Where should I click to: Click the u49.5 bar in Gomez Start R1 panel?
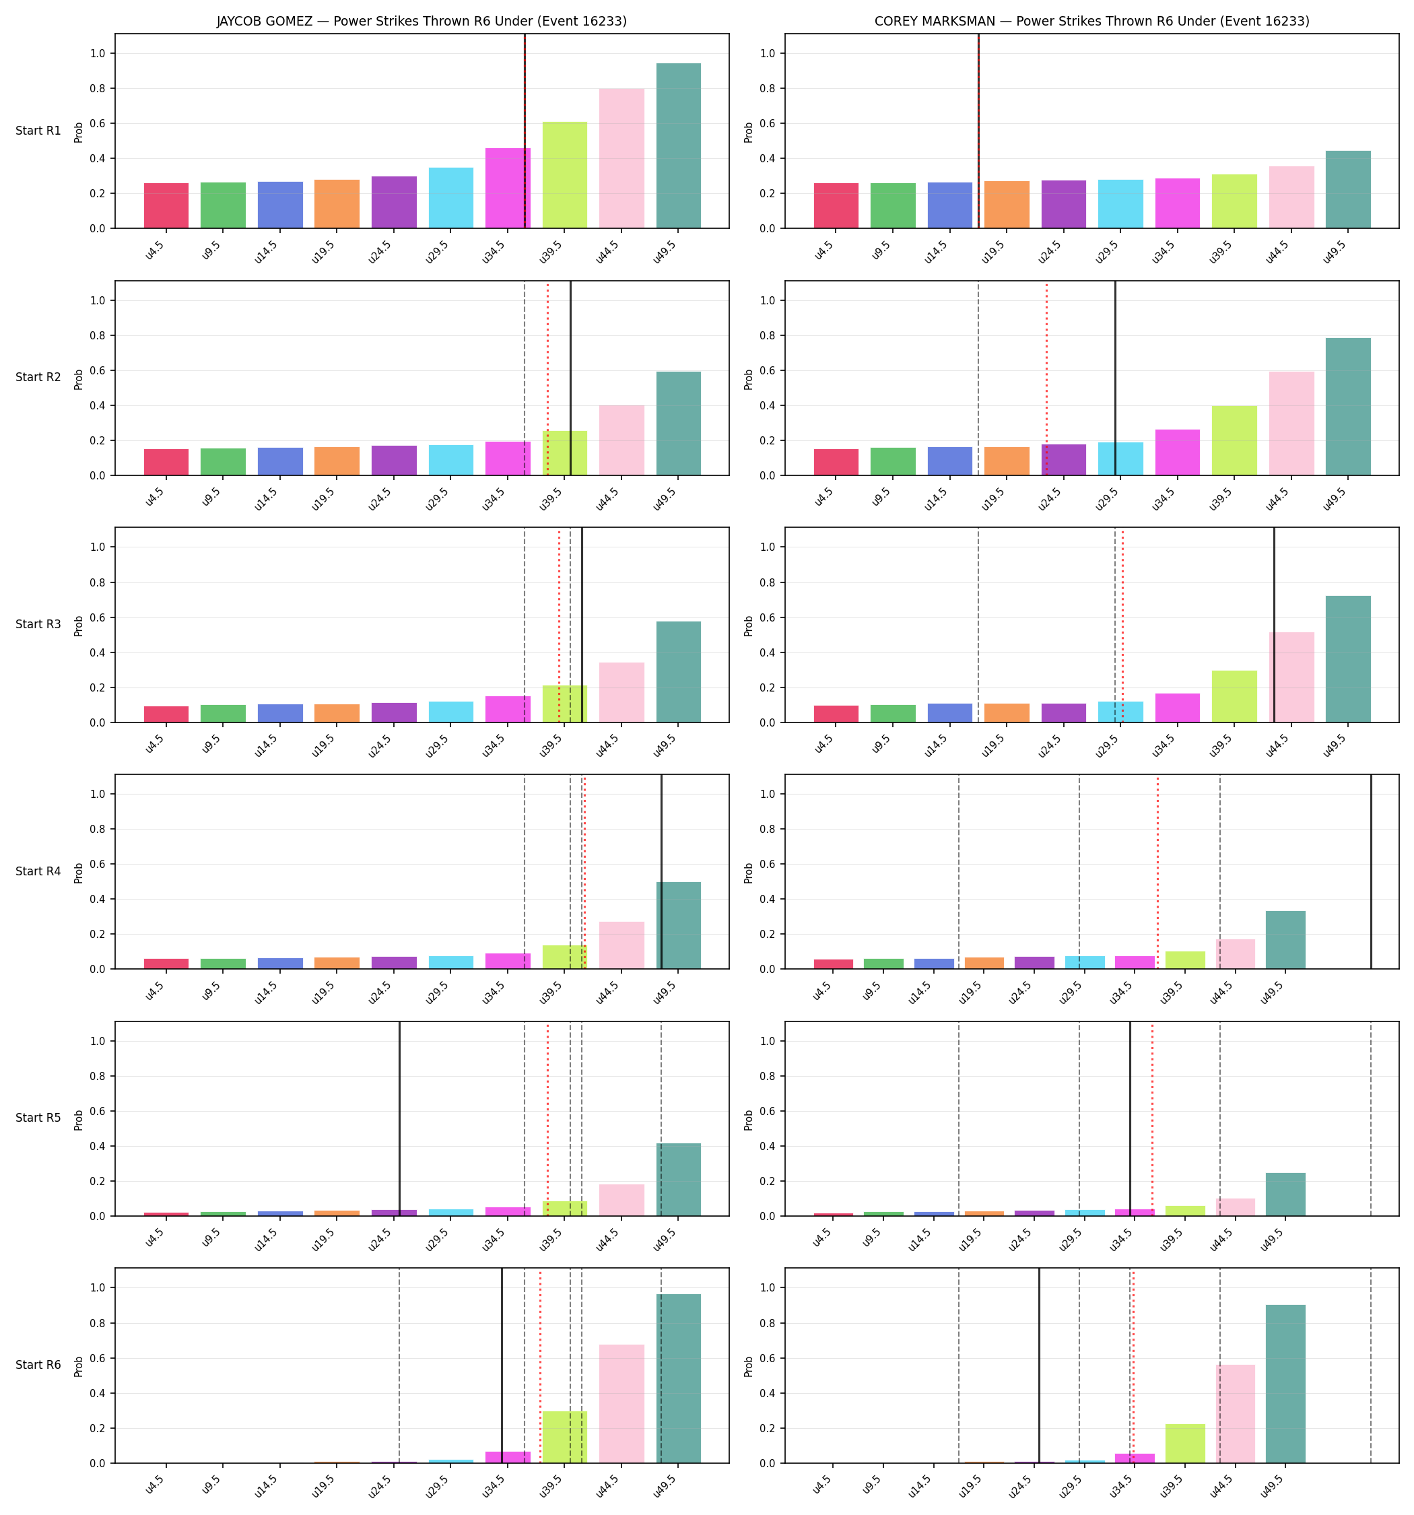point(679,145)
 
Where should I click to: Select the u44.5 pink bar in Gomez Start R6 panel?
point(621,1403)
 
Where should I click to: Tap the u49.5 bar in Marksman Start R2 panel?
point(1348,406)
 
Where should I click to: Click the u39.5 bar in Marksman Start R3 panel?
point(1234,696)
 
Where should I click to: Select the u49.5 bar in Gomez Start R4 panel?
point(679,925)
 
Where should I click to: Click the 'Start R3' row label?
point(38,624)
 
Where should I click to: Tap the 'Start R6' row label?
point(38,1365)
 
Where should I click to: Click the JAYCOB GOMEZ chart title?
point(422,22)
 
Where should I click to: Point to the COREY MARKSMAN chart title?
point(1091,22)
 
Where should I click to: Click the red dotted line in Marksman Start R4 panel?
point(1157,872)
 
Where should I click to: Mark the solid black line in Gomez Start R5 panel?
point(399,1118)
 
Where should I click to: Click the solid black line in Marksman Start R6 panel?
point(1039,1365)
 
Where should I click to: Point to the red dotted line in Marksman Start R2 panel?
point(1046,378)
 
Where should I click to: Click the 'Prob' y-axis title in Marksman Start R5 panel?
point(749,1118)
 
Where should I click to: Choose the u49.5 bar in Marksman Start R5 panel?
point(1285,1194)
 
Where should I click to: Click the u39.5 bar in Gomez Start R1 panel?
point(565,175)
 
